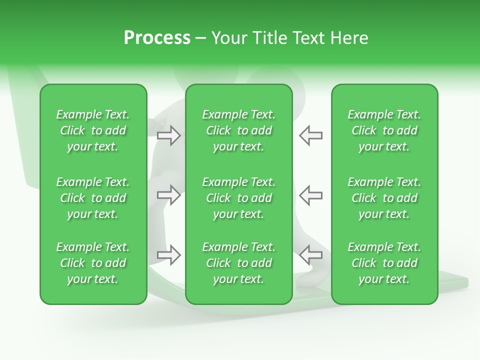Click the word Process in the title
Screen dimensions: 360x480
(157, 38)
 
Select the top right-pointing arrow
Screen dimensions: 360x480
(168, 135)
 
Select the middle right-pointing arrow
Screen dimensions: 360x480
(168, 194)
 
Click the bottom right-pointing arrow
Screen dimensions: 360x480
(168, 254)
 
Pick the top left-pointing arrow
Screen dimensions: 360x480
(311, 135)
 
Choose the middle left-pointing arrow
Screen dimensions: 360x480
(311, 194)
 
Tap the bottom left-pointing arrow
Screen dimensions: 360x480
(311, 254)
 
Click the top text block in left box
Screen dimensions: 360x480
(93, 130)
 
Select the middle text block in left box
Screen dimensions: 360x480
(93, 198)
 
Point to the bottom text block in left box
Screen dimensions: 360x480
(93, 263)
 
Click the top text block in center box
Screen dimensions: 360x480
(238, 130)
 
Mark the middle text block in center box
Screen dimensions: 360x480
(238, 198)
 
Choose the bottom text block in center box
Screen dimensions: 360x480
(238, 263)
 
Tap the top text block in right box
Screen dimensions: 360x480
(384, 130)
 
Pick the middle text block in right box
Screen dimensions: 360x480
(384, 198)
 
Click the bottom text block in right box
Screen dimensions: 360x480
(384, 263)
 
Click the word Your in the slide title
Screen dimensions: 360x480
(229, 38)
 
